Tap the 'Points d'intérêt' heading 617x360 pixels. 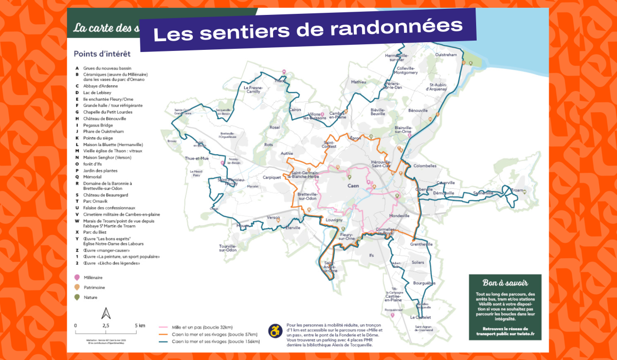[x=102, y=53]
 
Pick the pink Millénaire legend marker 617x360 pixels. [x=78, y=277]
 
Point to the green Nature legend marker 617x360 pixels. [x=78, y=297]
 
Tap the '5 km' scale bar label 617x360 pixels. [x=140, y=326]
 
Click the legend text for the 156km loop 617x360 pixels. [x=216, y=341]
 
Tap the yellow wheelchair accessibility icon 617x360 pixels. [x=276, y=330]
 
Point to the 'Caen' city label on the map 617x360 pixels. [x=353, y=186]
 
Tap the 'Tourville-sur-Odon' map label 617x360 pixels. [x=227, y=248]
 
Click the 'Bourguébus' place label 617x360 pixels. [x=424, y=283]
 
